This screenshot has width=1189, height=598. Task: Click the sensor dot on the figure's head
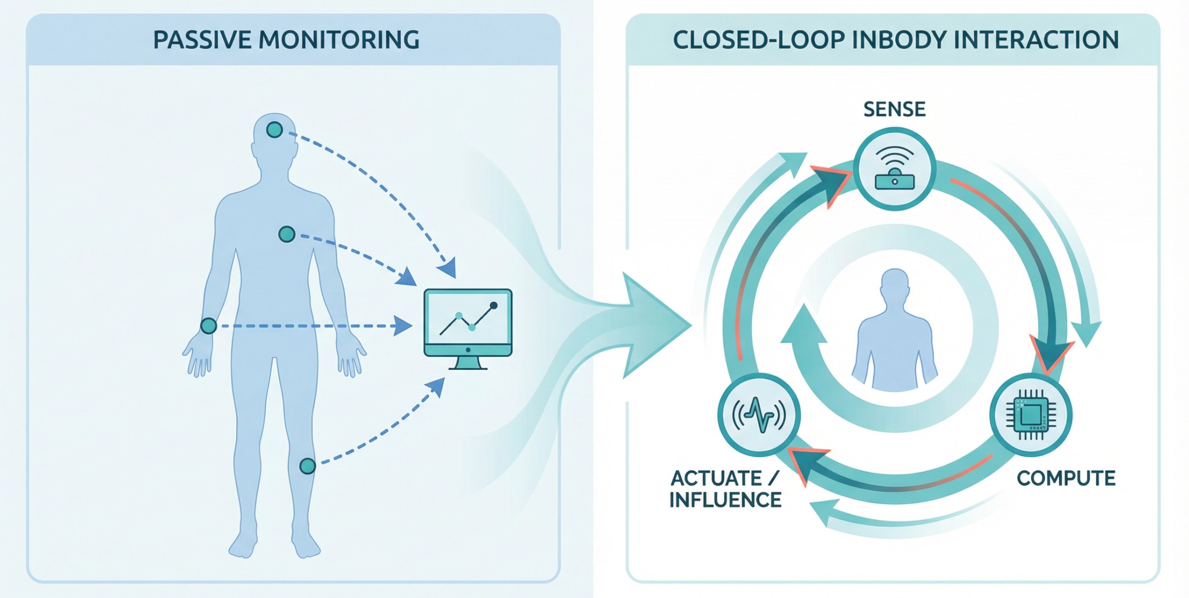[274, 129]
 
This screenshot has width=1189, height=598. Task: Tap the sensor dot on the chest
[287, 234]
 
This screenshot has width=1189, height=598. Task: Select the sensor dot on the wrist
[209, 326]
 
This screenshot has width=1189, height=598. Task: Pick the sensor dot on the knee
[307, 466]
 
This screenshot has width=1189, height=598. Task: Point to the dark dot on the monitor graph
[494, 305]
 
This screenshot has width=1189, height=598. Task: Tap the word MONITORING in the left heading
[339, 40]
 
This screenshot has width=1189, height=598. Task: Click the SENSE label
[895, 110]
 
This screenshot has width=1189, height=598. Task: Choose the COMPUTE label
[1066, 478]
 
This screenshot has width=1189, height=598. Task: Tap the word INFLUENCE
[725, 500]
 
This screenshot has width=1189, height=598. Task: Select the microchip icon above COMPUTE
[1031, 415]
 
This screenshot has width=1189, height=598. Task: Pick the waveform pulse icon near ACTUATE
[759, 415]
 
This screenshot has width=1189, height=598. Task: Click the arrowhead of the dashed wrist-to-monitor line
[402, 326]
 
